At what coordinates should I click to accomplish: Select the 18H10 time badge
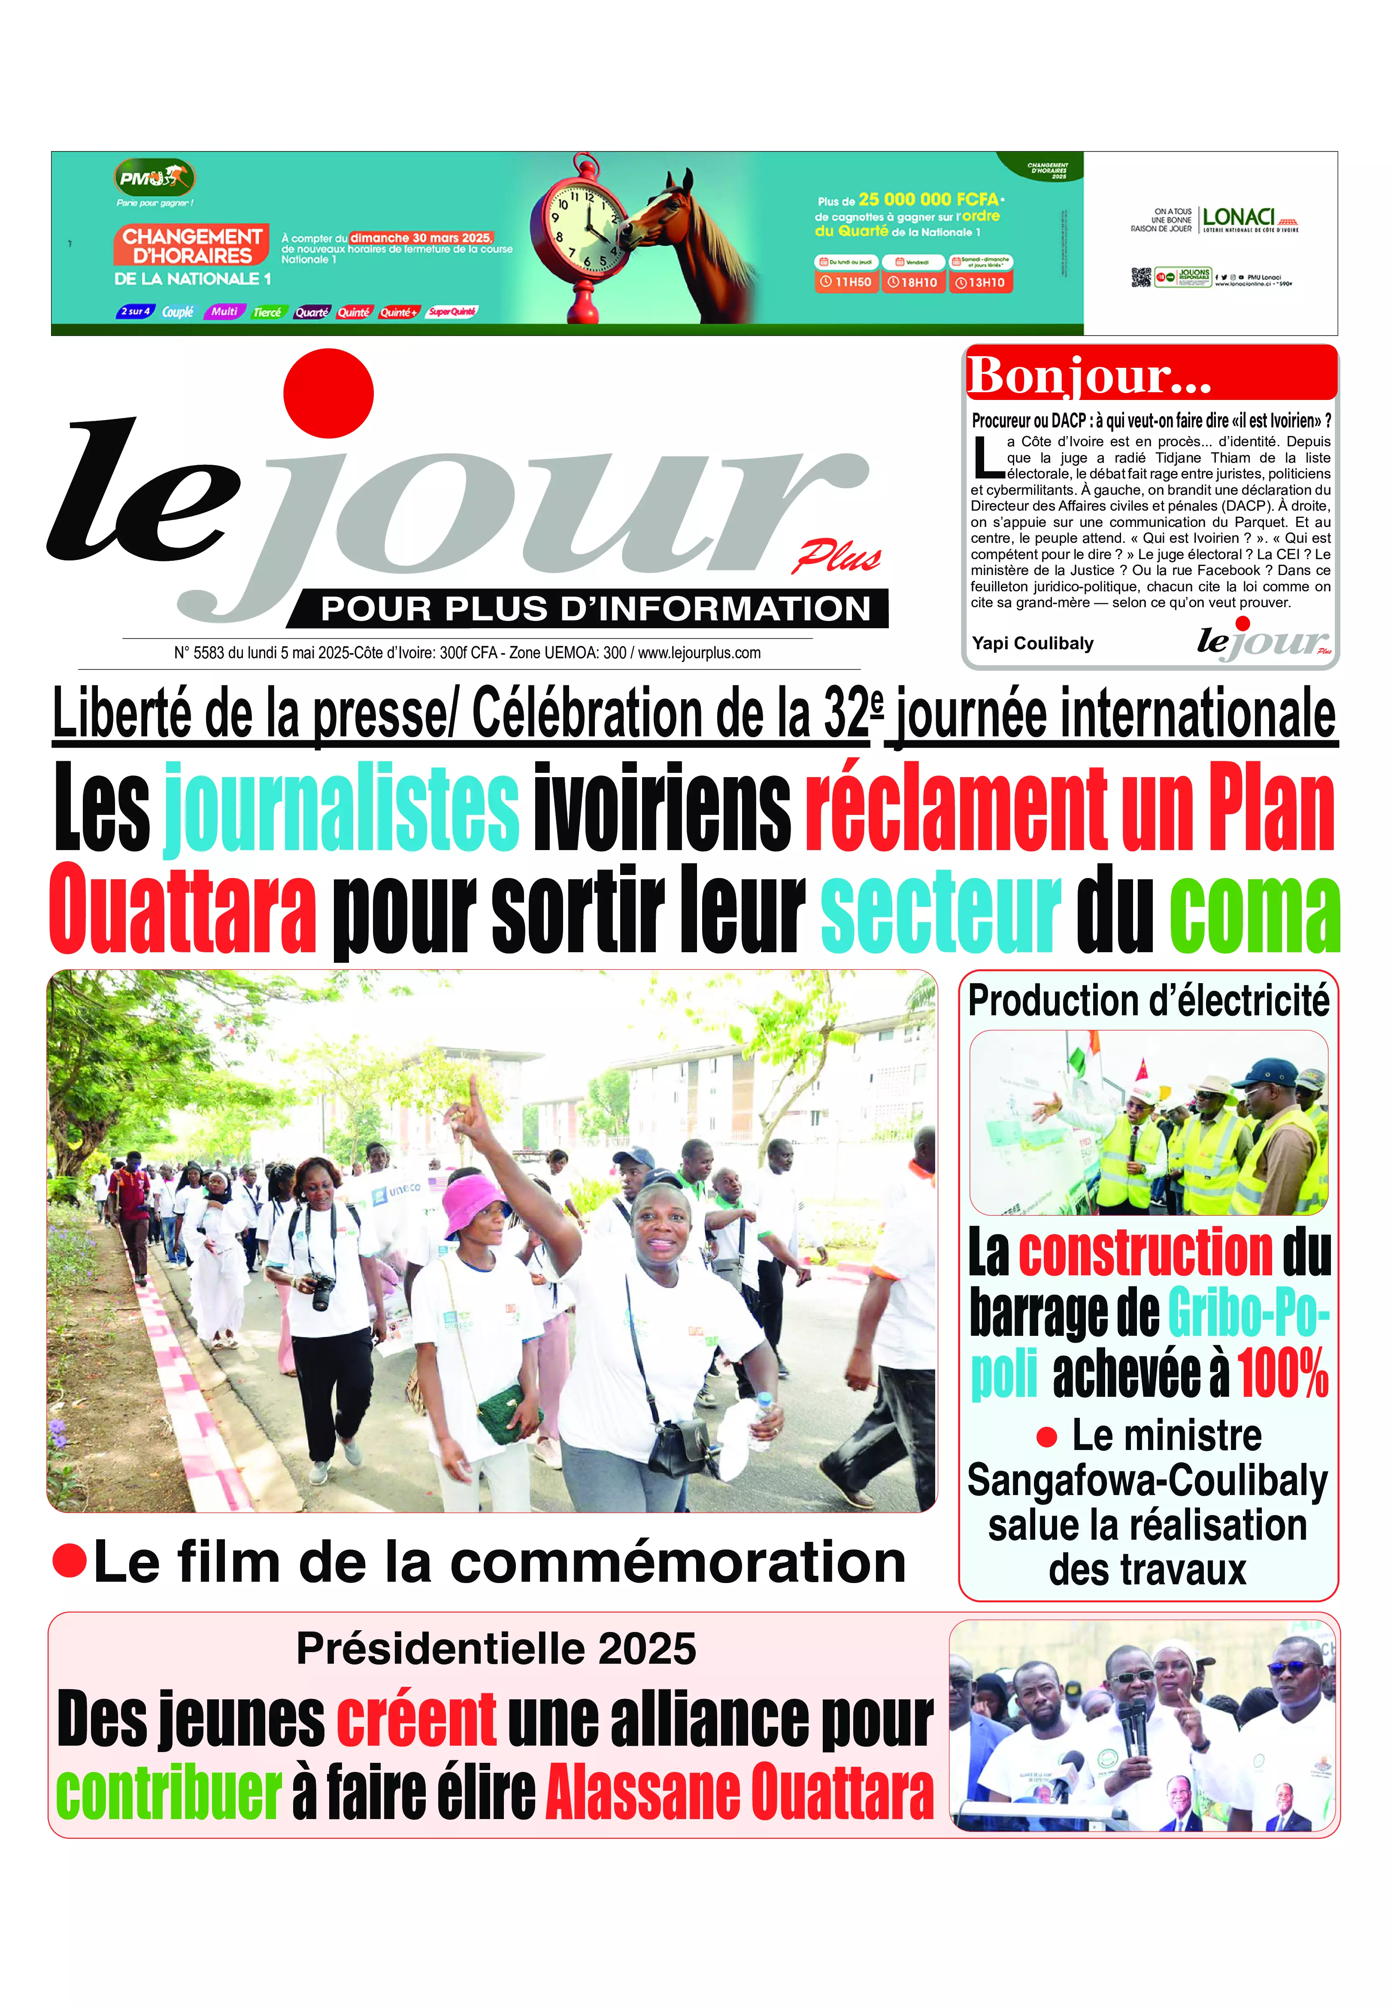(913, 282)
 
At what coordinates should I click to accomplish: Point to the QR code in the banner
(1141, 278)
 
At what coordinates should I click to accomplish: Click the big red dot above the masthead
(328, 393)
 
